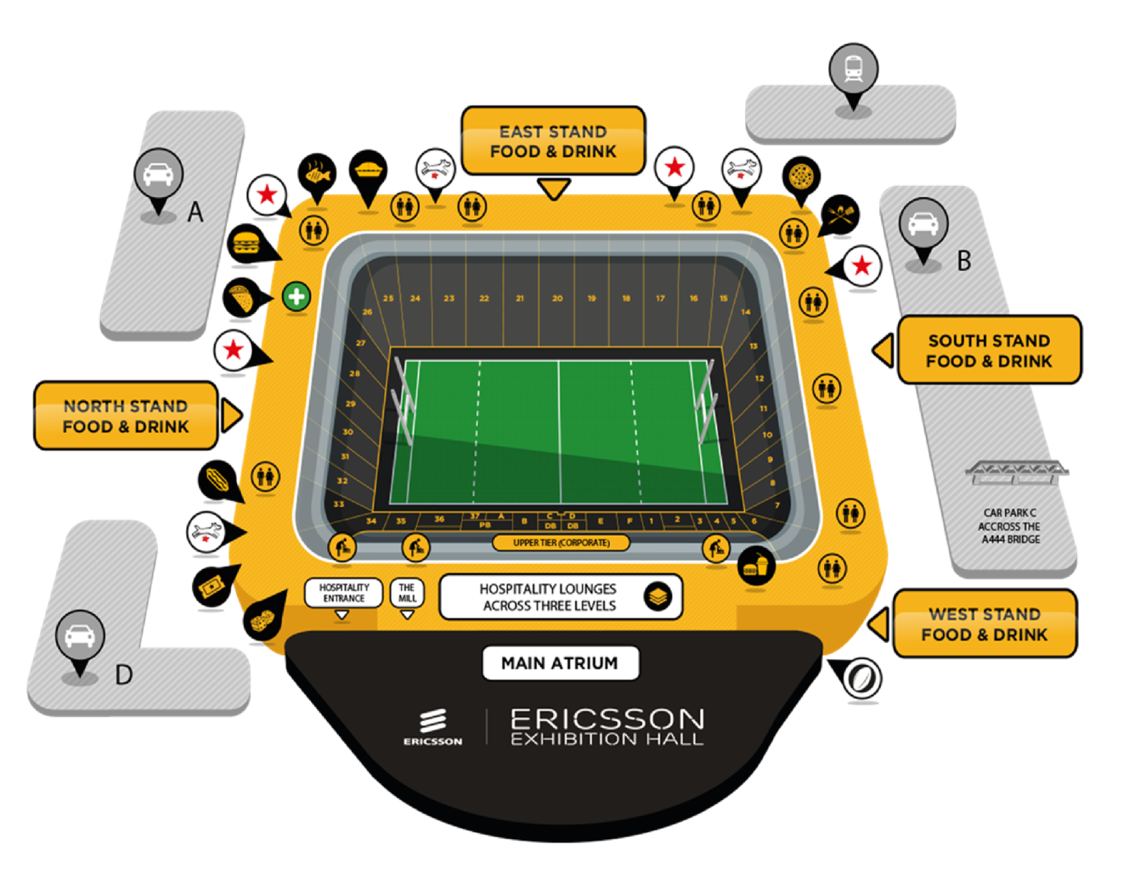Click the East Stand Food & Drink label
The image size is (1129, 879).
(553, 141)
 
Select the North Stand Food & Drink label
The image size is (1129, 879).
(125, 416)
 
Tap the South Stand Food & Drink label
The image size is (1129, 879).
(989, 350)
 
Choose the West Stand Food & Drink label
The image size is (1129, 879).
(985, 624)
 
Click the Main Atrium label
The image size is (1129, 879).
(560, 663)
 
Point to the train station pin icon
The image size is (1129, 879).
(853, 68)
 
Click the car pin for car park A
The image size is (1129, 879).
(158, 173)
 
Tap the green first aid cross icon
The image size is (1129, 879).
(296, 296)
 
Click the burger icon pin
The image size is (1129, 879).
(245, 244)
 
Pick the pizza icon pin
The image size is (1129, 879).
(801, 176)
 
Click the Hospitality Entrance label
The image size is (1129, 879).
(343, 593)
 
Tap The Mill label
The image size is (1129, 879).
(407, 593)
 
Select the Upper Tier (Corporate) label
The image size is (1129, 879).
(561, 543)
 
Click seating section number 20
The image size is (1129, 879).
(557, 298)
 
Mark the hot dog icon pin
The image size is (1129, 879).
(217, 479)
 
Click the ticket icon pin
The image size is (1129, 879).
(211, 587)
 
